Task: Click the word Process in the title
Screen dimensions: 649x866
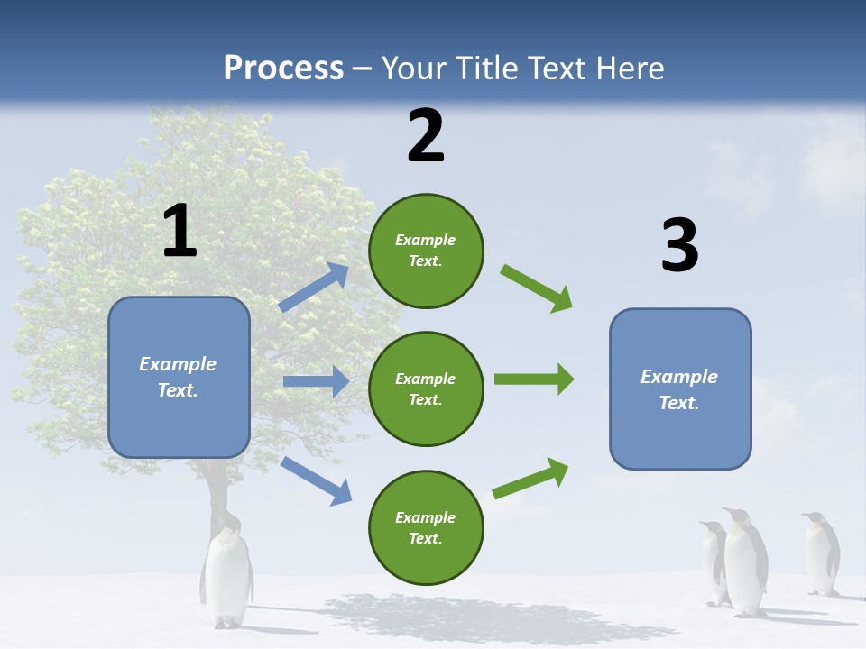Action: click(x=283, y=68)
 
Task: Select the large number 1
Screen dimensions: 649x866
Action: click(x=180, y=232)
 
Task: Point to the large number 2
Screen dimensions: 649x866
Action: click(x=426, y=136)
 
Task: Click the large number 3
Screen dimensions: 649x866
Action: click(x=679, y=246)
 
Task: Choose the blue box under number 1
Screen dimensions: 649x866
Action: click(x=179, y=377)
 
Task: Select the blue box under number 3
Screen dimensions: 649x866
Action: click(x=680, y=388)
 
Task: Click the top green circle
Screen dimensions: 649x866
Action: click(x=426, y=251)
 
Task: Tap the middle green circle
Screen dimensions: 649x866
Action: click(x=426, y=388)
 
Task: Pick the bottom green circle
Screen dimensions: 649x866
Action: click(x=426, y=527)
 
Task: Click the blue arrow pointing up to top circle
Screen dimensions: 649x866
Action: click(x=314, y=288)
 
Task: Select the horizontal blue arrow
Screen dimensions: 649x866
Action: click(x=316, y=381)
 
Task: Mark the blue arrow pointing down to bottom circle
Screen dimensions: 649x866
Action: click(x=316, y=480)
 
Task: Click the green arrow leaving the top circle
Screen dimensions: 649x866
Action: click(x=537, y=288)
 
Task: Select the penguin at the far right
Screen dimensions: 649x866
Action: click(x=821, y=553)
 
